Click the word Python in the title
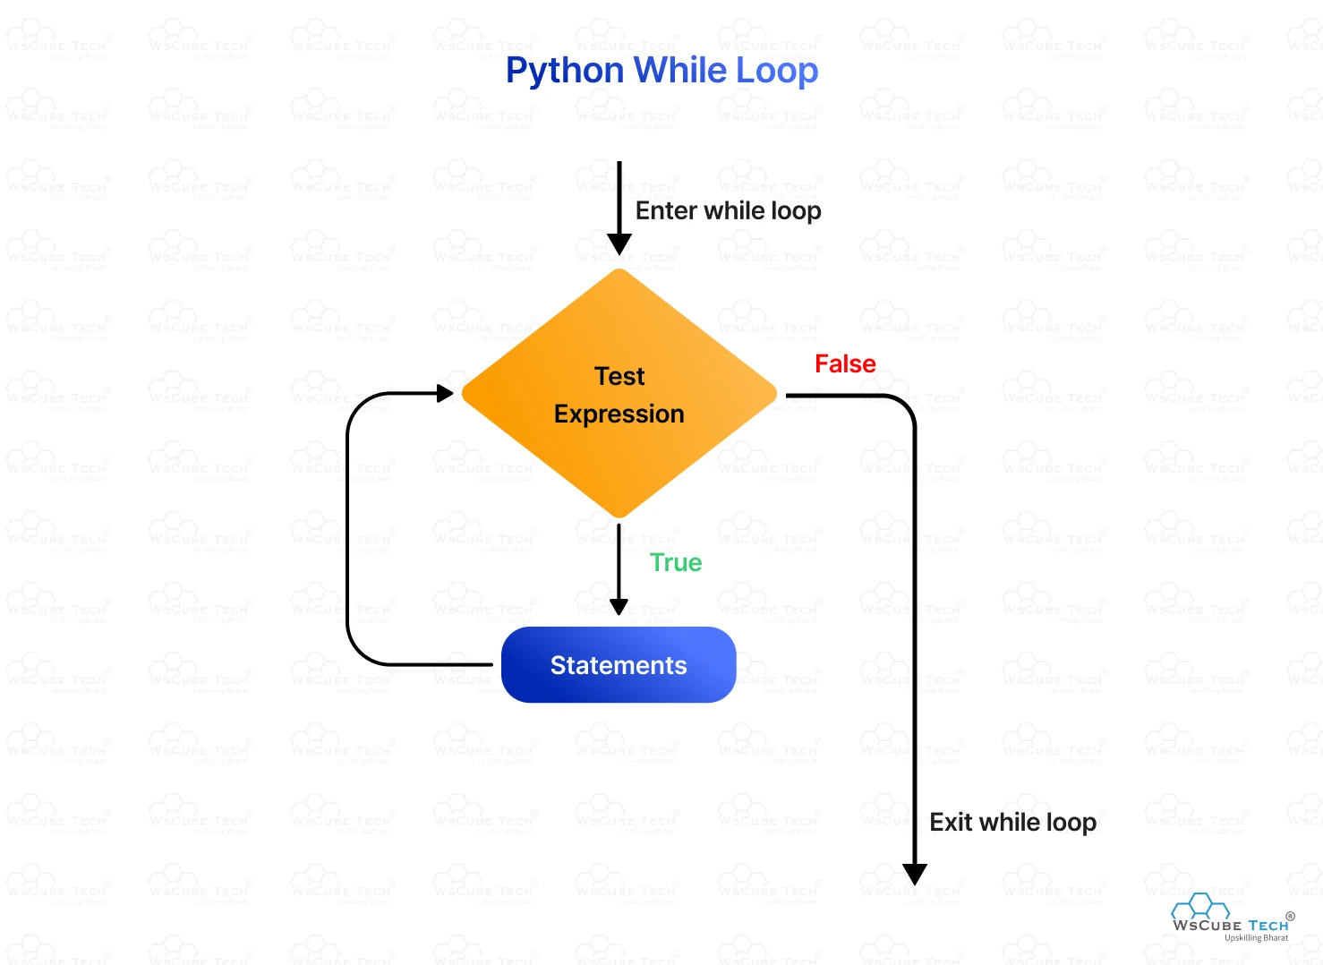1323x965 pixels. (564, 71)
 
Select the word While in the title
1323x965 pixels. (680, 70)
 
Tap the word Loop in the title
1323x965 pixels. (777, 71)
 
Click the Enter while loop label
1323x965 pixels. (728, 211)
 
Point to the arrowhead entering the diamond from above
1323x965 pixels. (619, 244)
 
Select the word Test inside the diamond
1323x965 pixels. (619, 376)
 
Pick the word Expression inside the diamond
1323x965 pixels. (619, 414)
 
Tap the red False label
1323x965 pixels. (845, 364)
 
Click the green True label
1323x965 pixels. (676, 563)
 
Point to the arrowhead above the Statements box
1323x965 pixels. (619, 607)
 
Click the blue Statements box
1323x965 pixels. (619, 665)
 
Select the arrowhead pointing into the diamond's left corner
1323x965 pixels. (445, 393)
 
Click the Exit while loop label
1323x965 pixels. (1012, 822)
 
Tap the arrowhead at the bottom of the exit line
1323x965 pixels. (914, 875)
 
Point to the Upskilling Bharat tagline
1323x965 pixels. (1256, 938)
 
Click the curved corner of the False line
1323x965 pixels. (904, 406)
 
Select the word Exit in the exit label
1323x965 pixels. (951, 822)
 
